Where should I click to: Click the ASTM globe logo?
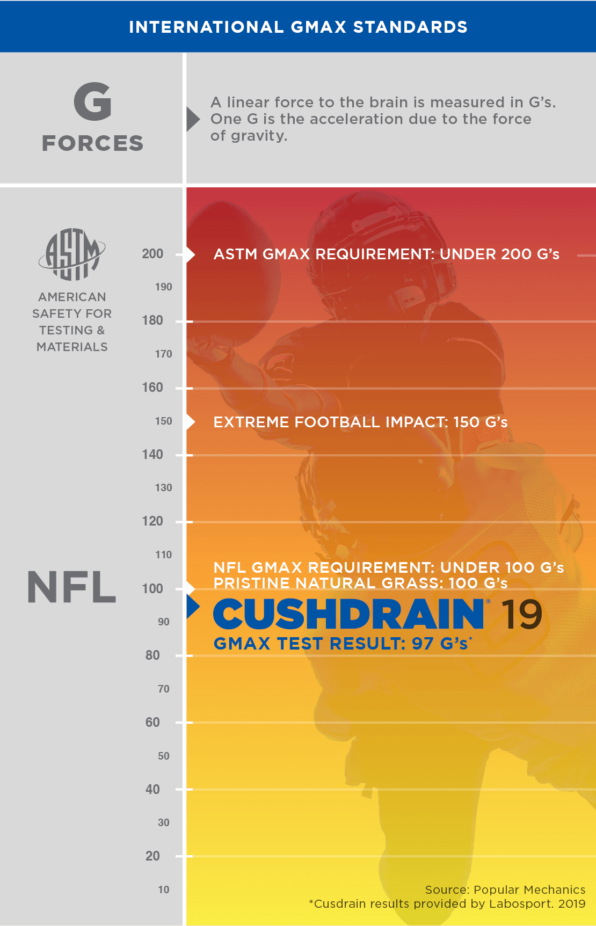[x=72, y=254]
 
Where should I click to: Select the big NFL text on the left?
[x=71, y=587]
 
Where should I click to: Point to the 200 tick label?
[x=152, y=254]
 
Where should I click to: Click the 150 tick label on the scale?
[x=163, y=421]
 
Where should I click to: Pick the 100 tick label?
[x=152, y=589]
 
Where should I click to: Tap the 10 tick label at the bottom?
[x=163, y=889]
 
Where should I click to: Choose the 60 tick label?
[x=152, y=723]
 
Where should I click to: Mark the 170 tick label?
[x=163, y=354]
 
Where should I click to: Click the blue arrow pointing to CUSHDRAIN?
[x=193, y=607]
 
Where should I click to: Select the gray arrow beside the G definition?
[x=193, y=119]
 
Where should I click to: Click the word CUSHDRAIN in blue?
[x=348, y=614]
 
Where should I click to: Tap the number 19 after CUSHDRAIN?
[x=521, y=614]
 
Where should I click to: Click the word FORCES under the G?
[x=93, y=143]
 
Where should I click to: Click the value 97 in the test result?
[x=423, y=644]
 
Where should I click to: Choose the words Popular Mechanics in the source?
[x=529, y=890]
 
